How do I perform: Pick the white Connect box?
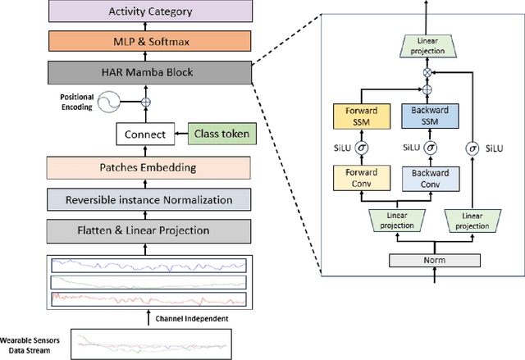click(x=144, y=134)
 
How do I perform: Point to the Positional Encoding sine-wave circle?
click(x=107, y=103)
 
